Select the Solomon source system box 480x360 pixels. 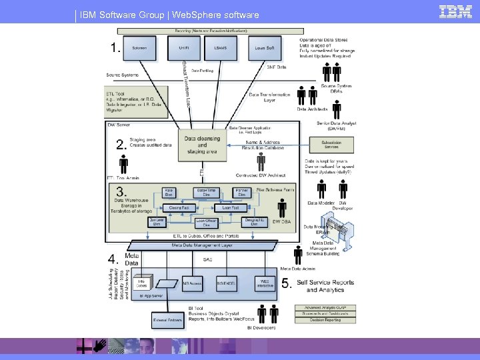139,49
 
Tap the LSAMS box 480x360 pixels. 220,49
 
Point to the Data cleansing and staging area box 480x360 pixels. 202,145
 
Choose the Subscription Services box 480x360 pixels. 331,145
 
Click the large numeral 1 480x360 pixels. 117,48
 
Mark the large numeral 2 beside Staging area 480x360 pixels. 121,145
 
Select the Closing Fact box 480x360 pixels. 179,208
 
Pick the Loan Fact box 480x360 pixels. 231,208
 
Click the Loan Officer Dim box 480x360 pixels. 206,223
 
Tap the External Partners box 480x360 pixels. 168,321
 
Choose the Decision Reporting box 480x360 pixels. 323,320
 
